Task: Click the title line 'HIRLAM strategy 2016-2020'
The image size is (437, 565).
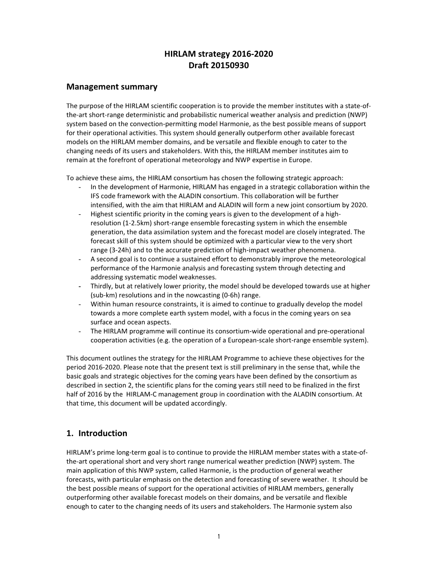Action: [218, 54]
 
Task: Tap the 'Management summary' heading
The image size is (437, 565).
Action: [112, 87]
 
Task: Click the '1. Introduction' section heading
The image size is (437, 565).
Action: [97, 433]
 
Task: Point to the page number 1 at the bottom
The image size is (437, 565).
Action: [218, 536]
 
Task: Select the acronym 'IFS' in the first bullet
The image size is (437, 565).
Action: [96, 196]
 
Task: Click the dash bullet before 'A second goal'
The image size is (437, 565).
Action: [81, 259]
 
